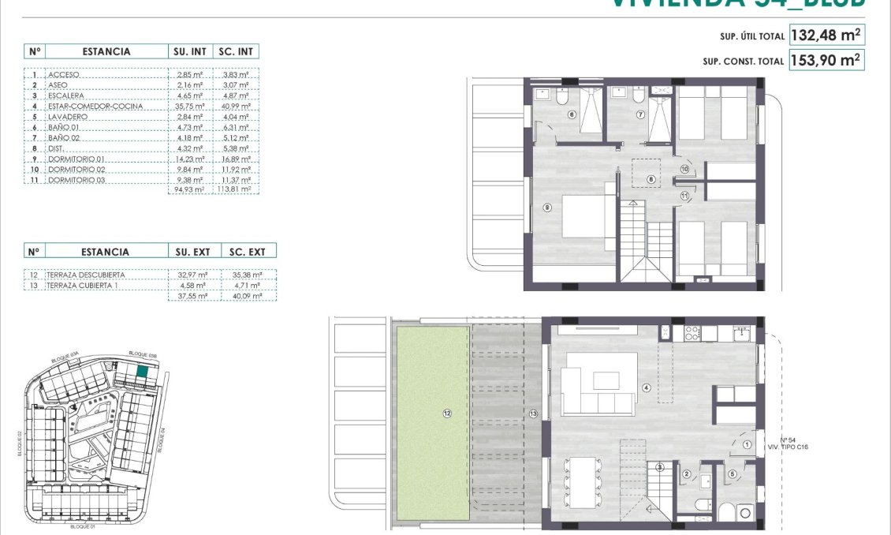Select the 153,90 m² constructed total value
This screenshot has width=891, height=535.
point(824,60)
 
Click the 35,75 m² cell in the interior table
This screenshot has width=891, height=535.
point(189,106)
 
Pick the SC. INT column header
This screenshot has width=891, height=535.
point(234,51)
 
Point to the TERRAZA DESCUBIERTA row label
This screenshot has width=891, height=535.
point(86,275)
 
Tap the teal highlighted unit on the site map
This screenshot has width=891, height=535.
point(142,373)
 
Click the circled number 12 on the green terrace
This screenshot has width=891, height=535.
point(446,413)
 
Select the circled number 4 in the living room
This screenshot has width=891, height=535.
point(646,387)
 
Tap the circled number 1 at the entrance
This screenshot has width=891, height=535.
point(747,445)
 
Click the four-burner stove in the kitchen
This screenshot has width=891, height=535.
point(692,334)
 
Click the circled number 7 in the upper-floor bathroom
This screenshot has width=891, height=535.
point(640,114)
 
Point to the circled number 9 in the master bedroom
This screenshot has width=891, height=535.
point(546,208)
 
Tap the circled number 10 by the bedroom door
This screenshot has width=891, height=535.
point(684,169)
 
